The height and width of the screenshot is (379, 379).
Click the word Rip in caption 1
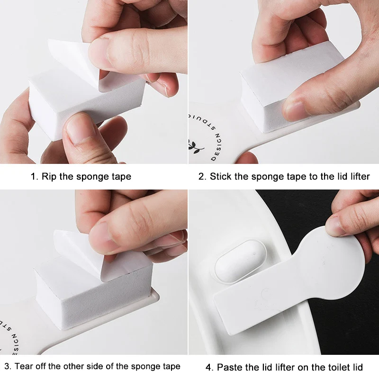coord(49,177)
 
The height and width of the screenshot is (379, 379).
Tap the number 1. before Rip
coord(35,177)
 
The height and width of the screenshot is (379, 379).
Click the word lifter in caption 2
coord(359,177)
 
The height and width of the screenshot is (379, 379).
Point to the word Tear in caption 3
coord(24,366)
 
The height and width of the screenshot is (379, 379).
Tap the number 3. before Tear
coord(8,366)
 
